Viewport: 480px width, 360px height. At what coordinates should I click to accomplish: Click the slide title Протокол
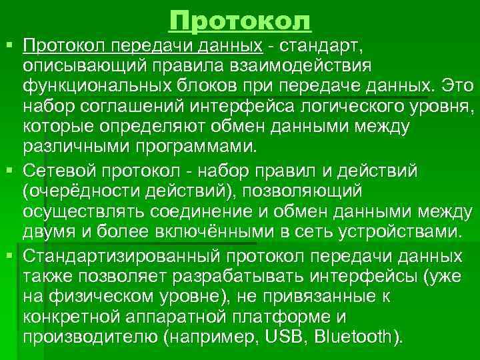point(240,21)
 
